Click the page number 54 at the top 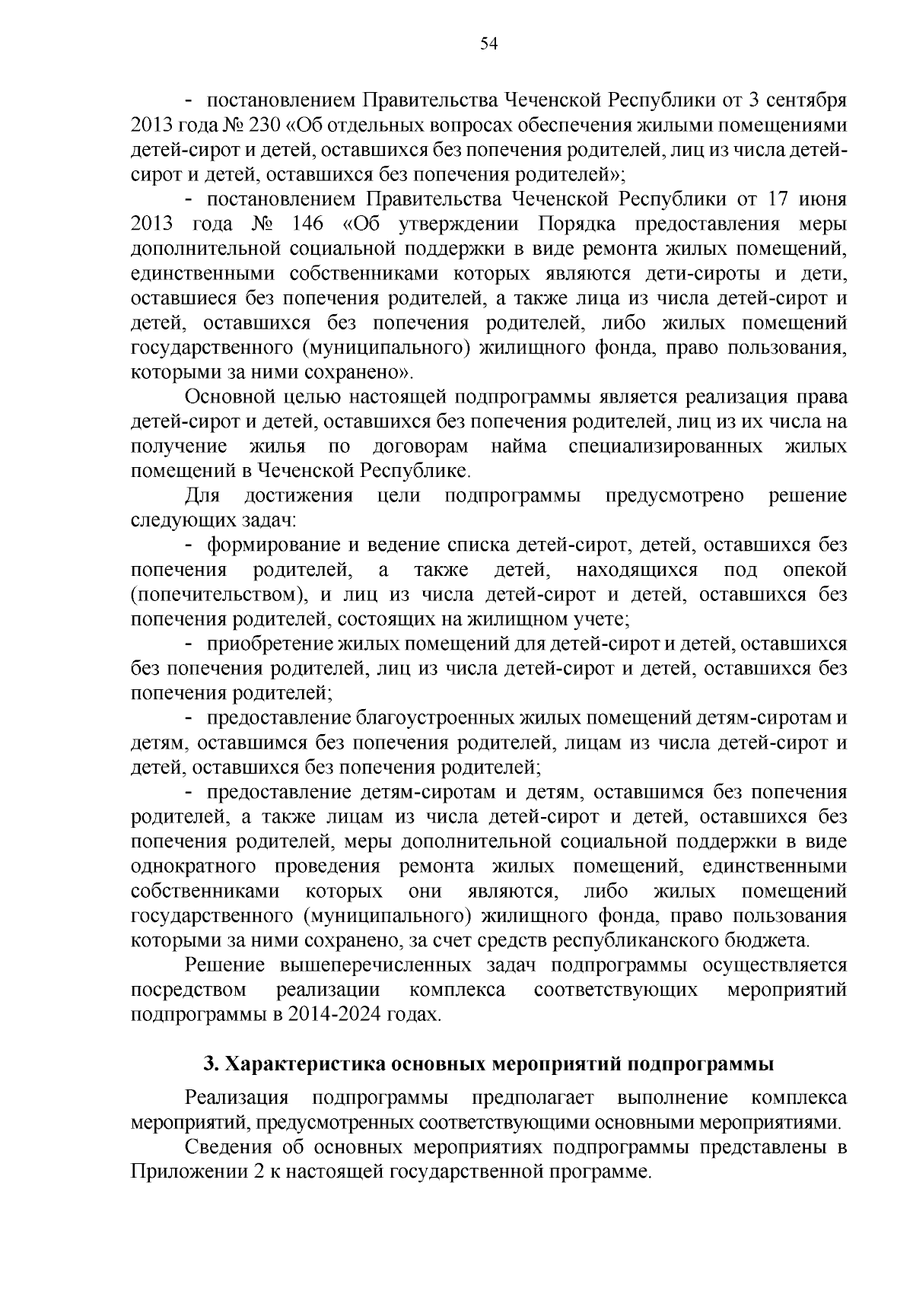click(x=488, y=44)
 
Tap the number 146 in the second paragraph click(x=307, y=224)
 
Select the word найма click(x=518, y=447)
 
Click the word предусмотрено click(x=675, y=496)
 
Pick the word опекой click(x=814, y=570)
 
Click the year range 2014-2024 click(x=332, y=1015)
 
